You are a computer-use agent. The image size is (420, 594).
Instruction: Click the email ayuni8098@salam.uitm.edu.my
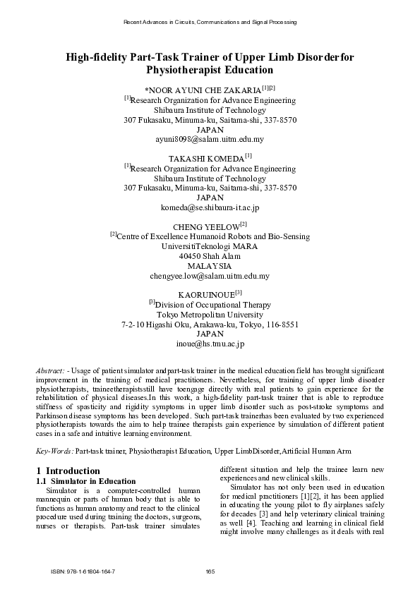(x=210, y=140)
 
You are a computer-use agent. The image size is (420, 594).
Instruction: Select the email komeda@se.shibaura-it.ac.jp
(x=210, y=208)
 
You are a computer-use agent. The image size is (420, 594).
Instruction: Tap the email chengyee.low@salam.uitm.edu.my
(x=210, y=276)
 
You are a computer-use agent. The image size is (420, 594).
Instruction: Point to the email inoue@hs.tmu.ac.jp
(x=210, y=344)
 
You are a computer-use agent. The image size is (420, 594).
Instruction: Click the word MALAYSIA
(x=210, y=266)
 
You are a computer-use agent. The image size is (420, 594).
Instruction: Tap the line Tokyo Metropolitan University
(x=210, y=315)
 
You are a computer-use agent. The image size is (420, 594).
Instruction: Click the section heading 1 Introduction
(x=68, y=471)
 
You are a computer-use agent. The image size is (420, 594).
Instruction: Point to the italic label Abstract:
(x=50, y=370)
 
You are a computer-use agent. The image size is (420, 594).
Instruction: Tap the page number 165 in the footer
(x=210, y=571)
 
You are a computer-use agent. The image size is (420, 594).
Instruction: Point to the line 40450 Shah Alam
(x=210, y=256)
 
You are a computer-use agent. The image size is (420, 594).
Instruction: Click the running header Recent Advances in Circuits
(x=210, y=22)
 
